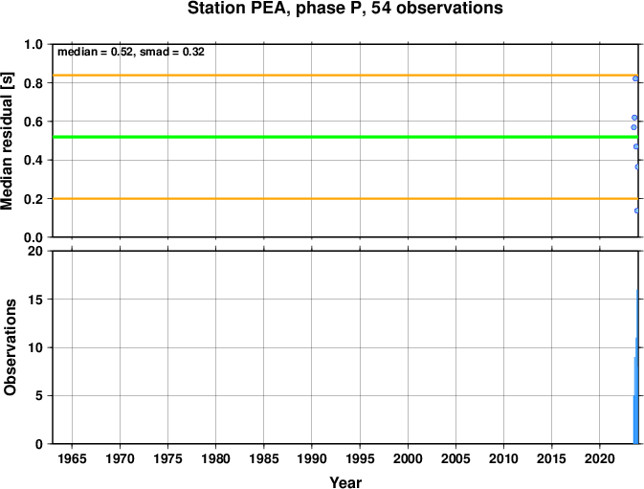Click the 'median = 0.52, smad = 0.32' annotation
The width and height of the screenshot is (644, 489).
(x=131, y=52)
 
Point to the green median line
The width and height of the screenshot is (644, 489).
(x=345, y=137)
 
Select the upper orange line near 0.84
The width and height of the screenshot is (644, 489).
(x=345, y=76)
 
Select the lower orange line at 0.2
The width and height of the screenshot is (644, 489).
(x=345, y=199)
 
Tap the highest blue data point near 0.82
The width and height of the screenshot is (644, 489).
(x=635, y=78)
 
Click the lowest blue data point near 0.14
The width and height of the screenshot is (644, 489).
(x=636, y=211)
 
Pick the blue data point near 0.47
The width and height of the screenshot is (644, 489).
(x=635, y=146)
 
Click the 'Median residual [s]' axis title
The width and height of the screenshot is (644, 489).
(x=8, y=141)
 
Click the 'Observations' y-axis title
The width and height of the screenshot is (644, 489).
(x=10, y=347)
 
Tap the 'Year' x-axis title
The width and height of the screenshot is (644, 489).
(x=345, y=482)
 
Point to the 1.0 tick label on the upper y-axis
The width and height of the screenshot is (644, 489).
(x=33, y=44)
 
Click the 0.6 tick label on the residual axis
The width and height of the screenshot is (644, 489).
(x=33, y=122)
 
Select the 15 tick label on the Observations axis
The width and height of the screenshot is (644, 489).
(x=35, y=300)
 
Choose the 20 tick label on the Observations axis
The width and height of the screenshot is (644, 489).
(x=35, y=251)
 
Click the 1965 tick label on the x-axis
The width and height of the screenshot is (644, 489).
(x=72, y=458)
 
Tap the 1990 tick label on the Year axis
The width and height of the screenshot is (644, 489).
(x=312, y=458)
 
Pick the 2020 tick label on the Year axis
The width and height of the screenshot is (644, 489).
(x=600, y=458)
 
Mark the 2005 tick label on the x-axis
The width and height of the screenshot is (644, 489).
(x=455, y=458)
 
